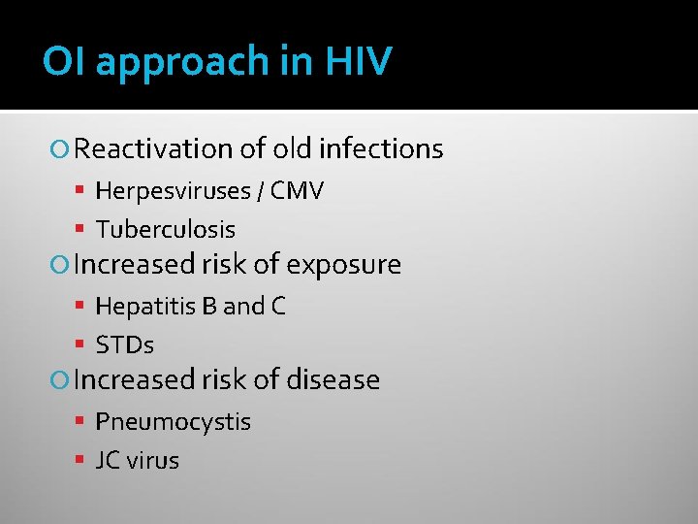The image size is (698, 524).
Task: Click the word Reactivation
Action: click(153, 148)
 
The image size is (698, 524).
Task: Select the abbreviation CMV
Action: click(297, 191)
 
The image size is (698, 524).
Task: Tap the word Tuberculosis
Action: click(165, 230)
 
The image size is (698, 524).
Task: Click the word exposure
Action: click(343, 265)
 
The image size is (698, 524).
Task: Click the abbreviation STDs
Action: click(125, 345)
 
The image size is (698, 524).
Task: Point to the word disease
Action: click(333, 379)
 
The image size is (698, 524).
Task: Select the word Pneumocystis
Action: click(173, 422)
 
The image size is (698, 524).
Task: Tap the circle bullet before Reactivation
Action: click(61, 149)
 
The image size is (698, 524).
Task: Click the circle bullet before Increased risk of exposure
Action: click(61, 265)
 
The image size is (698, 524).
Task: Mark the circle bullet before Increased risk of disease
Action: click(61, 379)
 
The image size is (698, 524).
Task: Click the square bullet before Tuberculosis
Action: click(82, 230)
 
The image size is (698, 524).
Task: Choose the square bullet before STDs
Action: click(82, 345)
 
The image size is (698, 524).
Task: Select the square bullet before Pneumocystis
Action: click(82, 422)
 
